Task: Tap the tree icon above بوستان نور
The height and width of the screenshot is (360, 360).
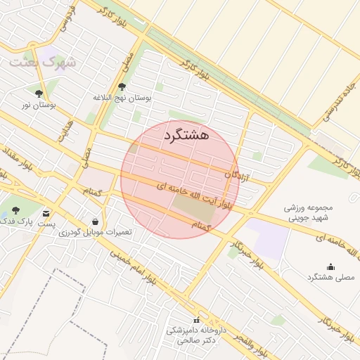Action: coord(39,93)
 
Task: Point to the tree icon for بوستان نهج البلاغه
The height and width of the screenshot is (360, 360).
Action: coord(122,87)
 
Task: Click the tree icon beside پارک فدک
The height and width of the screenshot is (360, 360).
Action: coord(15,210)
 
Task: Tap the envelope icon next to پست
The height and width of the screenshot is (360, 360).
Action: coord(46,212)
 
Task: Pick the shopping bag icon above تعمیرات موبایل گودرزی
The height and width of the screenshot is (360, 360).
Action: coord(95,221)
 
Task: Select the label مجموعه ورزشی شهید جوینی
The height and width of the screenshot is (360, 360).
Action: coord(307,213)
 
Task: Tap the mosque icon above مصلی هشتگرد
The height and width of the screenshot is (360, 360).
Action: coord(331,266)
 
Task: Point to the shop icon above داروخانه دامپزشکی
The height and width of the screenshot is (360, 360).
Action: coord(196,320)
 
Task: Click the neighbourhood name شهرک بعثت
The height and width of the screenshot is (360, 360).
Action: coord(41,63)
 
